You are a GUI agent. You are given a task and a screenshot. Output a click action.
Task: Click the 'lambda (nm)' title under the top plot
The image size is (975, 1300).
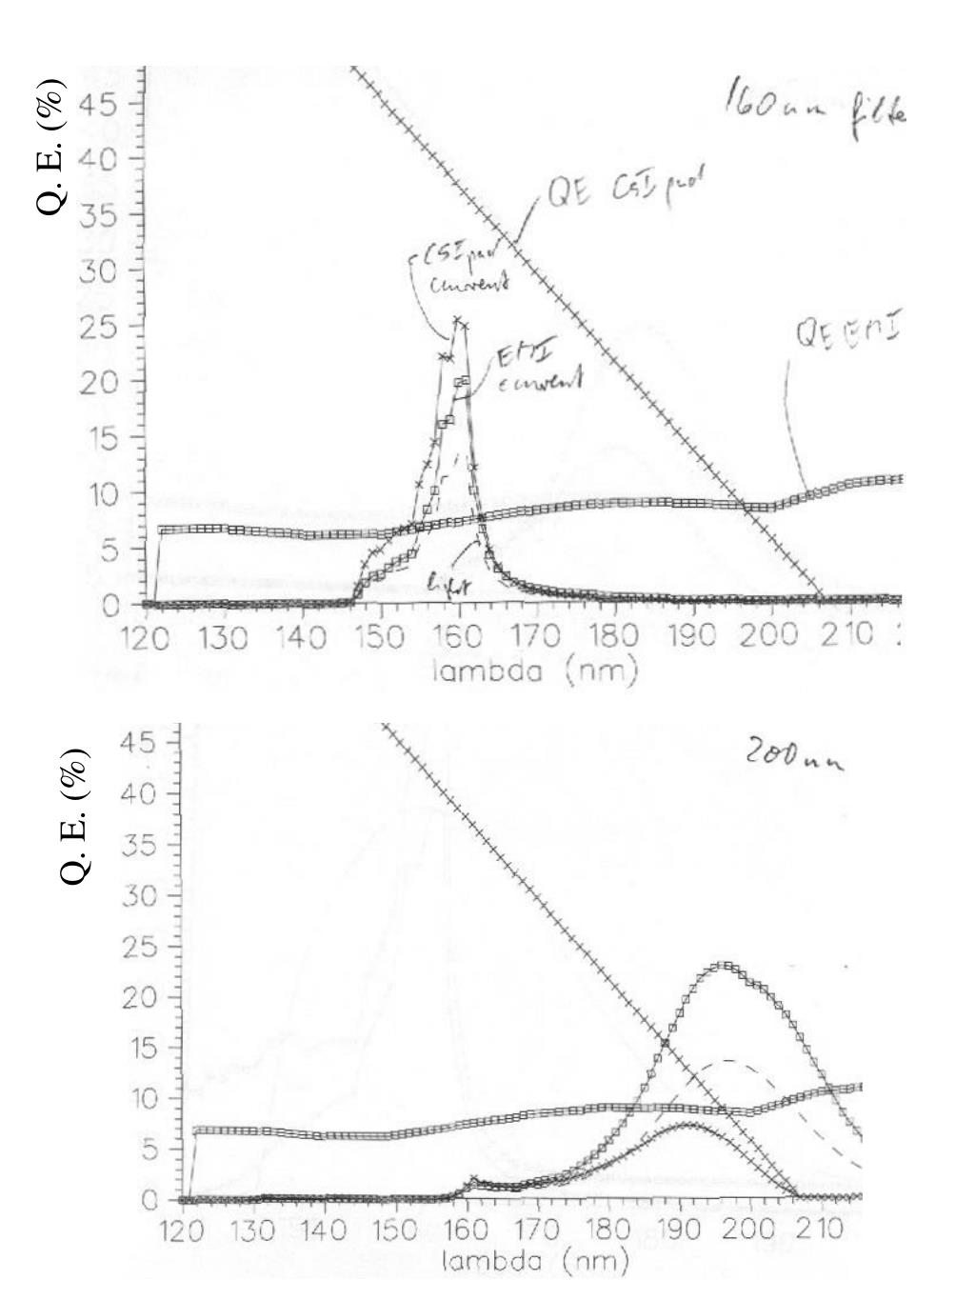[534, 672]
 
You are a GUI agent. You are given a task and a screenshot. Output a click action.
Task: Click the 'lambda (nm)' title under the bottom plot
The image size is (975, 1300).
[535, 1263]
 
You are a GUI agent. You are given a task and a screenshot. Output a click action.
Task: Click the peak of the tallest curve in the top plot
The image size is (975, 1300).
[458, 322]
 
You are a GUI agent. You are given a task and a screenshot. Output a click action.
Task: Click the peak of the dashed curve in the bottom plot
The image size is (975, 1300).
[729, 1060]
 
